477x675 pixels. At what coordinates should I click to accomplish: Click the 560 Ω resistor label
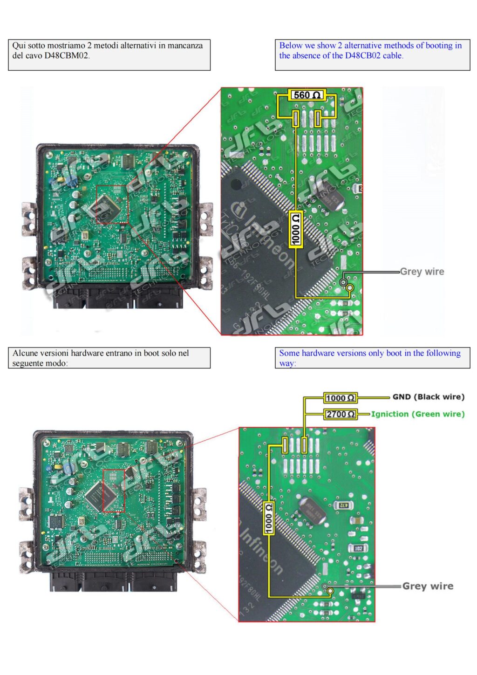click(307, 95)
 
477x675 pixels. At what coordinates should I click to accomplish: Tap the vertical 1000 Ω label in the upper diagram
click(295, 229)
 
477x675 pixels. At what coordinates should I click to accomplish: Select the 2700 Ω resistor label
click(341, 414)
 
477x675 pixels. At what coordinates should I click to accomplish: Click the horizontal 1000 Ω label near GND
click(341, 398)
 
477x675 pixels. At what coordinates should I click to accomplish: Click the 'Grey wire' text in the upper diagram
click(422, 272)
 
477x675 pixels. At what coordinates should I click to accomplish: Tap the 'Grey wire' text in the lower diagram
click(427, 586)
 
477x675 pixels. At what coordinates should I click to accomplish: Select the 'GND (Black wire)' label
click(428, 397)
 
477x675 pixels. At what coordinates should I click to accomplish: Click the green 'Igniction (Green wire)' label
click(417, 414)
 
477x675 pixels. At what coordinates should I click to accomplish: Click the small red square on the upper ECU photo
click(112, 204)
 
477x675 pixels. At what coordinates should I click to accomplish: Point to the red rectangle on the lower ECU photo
click(114, 491)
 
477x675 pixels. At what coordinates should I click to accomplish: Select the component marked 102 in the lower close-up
click(358, 548)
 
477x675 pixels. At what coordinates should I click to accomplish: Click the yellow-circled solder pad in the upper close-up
click(350, 288)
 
